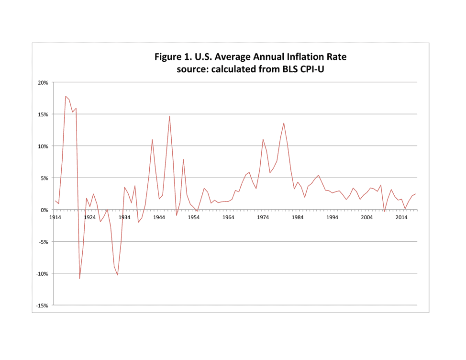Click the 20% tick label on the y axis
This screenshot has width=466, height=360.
click(43, 82)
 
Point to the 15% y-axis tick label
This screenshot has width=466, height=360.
click(43, 114)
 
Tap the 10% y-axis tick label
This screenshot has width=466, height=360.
click(43, 146)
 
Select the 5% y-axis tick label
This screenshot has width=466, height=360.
click(44, 178)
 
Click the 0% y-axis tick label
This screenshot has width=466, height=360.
click(44, 210)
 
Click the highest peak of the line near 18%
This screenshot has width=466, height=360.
click(66, 96)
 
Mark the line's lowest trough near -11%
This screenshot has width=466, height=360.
click(79, 279)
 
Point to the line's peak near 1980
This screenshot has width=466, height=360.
click(284, 123)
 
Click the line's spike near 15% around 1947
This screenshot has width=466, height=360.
click(169, 116)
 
